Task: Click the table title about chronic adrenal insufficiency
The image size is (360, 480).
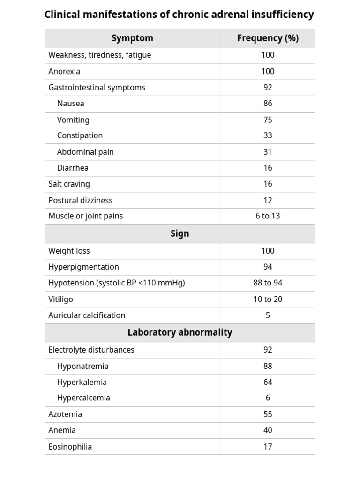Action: (x=179, y=15)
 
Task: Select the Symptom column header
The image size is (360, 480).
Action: (x=132, y=38)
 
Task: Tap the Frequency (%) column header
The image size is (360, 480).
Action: (x=268, y=38)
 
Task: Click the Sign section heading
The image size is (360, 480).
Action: (x=180, y=233)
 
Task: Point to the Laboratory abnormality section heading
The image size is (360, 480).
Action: (x=180, y=332)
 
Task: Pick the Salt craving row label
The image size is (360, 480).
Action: (x=69, y=184)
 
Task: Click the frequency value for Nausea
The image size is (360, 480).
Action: (x=268, y=103)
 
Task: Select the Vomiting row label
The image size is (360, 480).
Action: (x=73, y=120)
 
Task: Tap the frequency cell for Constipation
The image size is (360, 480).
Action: (x=268, y=135)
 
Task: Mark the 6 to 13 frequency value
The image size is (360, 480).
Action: (x=268, y=216)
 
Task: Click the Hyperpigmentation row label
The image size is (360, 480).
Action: (x=83, y=267)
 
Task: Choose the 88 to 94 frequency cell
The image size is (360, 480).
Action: (x=268, y=283)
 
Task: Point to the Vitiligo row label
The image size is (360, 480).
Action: (x=60, y=299)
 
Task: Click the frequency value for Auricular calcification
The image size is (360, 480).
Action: (x=268, y=315)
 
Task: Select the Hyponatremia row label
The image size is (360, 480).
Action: (x=82, y=366)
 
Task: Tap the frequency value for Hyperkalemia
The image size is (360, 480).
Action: (x=268, y=382)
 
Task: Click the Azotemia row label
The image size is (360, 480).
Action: (x=65, y=414)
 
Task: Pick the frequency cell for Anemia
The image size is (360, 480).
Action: (x=268, y=430)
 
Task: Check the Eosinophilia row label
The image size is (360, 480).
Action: (x=70, y=446)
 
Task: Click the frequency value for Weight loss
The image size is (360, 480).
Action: (x=268, y=251)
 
